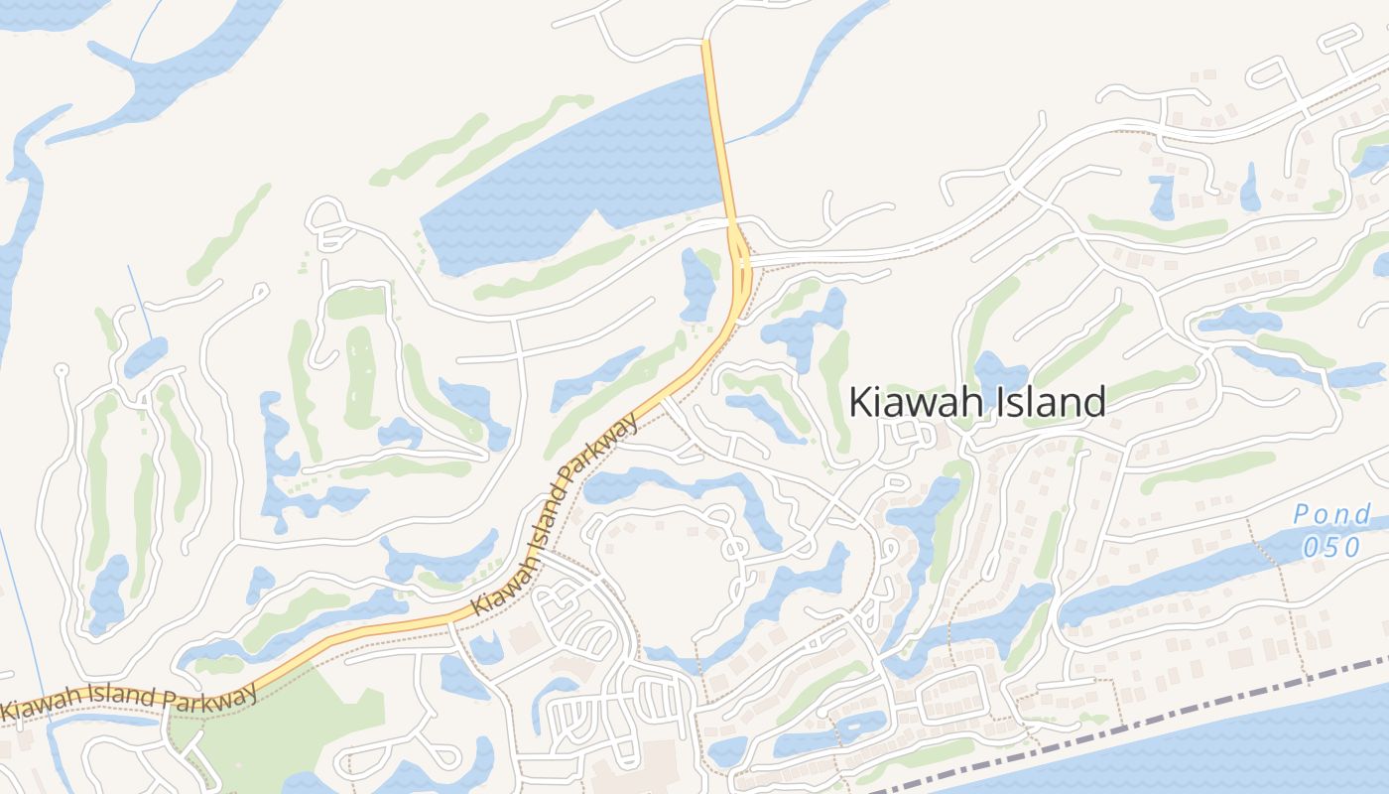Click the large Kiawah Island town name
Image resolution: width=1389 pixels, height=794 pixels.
point(977,403)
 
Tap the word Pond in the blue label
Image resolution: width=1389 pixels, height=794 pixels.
point(1332,514)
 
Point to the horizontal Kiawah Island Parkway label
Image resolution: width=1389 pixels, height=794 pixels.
point(129,701)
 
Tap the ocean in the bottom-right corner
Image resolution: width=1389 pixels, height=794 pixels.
point(1290,744)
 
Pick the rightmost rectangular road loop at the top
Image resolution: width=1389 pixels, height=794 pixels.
point(1340,40)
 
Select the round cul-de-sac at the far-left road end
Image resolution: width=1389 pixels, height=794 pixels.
point(61,369)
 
